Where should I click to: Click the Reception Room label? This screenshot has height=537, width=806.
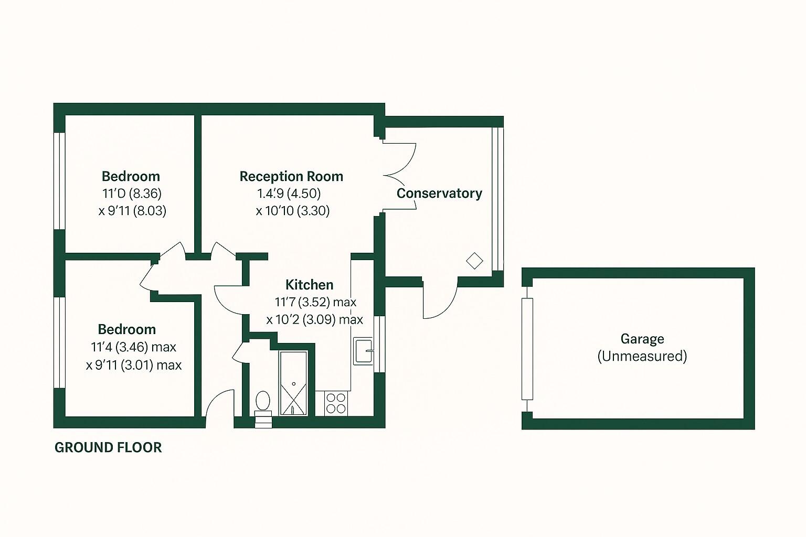(291, 176)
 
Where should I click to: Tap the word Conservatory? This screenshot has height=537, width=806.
(439, 193)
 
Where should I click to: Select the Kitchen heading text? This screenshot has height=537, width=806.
(309, 285)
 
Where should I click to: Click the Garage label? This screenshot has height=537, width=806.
(642, 339)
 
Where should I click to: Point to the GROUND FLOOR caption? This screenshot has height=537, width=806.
(108, 447)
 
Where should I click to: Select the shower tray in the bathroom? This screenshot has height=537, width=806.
(293, 383)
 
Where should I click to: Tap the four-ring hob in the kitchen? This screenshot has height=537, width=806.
(336, 403)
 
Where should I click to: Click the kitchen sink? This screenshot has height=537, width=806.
(363, 351)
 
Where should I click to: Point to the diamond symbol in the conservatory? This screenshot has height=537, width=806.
(474, 261)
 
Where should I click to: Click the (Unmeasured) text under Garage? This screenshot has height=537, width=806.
(642, 356)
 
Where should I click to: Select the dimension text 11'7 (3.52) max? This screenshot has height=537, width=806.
(315, 302)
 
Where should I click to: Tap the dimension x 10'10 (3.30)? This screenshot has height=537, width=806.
(293, 211)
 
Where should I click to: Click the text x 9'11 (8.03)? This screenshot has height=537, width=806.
(132, 211)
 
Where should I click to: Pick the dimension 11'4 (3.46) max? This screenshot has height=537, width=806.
(133, 347)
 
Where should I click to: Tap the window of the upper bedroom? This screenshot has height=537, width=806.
(59, 181)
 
